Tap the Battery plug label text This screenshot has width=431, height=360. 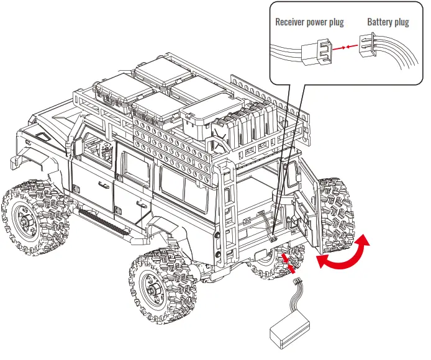click(388, 22)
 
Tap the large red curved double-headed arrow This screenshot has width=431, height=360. click(342, 254)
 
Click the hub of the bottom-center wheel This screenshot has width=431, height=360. click(152, 286)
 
